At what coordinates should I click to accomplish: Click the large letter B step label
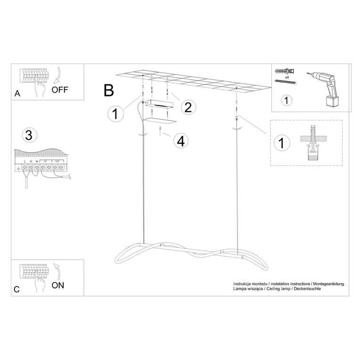(x=109, y=90)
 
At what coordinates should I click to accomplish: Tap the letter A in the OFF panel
(x=17, y=93)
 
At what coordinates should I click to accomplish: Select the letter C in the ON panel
(x=16, y=289)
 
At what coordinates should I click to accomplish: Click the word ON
(x=57, y=285)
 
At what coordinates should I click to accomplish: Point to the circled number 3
(x=29, y=135)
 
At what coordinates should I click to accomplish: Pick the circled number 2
(x=188, y=107)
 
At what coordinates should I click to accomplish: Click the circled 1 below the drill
(x=286, y=100)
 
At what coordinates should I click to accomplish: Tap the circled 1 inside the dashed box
(x=281, y=143)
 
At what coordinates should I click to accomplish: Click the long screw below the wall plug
(x=286, y=82)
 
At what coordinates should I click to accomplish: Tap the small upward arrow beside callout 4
(x=161, y=131)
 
